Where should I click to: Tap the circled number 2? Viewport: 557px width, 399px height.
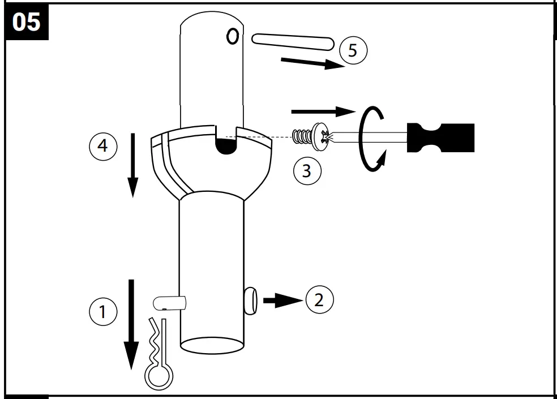(x=319, y=300)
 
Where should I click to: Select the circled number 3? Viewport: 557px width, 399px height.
(x=307, y=170)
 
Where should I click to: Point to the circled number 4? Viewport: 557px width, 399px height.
(x=102, y=145)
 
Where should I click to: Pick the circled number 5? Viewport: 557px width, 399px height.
(x=353, y=50)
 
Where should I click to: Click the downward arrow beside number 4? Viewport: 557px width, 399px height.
(x=132, y=165)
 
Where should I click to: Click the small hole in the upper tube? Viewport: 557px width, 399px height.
(x=231, y=36)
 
